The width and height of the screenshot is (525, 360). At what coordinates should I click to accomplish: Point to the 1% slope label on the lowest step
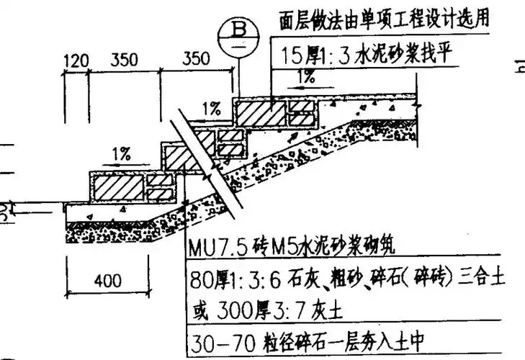click(120, 153)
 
